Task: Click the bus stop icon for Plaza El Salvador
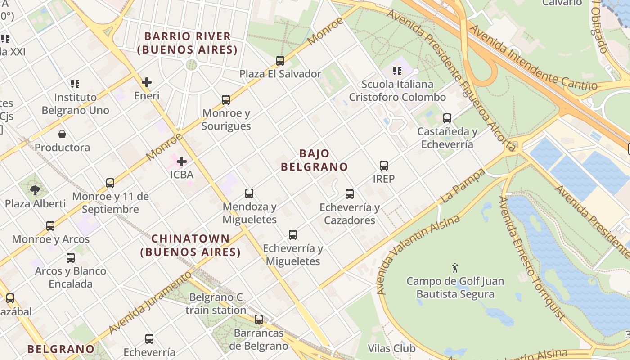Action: pyautogui.click(x=280, y=60)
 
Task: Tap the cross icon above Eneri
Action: pyautogui.click(x=147, y=82)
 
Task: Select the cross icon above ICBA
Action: pyautogui.click(x=182, y=161)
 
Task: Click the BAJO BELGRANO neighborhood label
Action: pyautogui.click(x=314, y=160)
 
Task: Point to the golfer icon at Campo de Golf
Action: pyautogui.click(x=455, y=268)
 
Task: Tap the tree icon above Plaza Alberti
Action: pyautogui.click(x=35, y=190)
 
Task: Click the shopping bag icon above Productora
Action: pyautogui.click(x=62, y=134)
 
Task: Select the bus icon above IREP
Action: pyautogui.click(x=383, y=165)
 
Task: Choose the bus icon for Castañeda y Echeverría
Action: pyautogui.click(x=447, y=118)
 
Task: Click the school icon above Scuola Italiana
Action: pyautogui.click(x=397, y=71)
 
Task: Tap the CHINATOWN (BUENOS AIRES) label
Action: pyautogui.click(x=190, y=245)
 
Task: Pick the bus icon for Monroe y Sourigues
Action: pyautogui.click(x=226, y=99)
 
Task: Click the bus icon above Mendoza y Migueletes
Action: pyautogui.click(x=249, y=193)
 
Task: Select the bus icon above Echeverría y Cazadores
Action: pyautogui.click(x=350, y=194)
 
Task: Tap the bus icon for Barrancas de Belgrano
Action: pyautogui.click(x=258, y=319)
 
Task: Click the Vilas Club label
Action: pyautogui.click(x=391, y=348)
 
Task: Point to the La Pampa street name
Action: pyautogui.click(x=463, y=185)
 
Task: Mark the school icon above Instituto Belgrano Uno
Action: pyautogui.click(x=75, y=84)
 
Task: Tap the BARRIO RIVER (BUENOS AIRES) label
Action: pyautogui.click(x=187, y=43)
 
